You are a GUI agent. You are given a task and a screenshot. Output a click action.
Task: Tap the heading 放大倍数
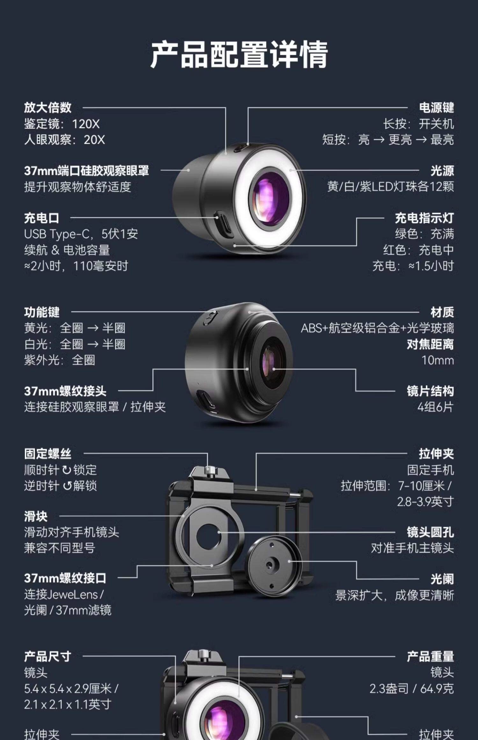pos(48,108)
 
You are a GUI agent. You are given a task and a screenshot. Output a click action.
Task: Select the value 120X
pos(86,124)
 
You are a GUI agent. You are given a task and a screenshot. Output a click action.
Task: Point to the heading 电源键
pos(436,108)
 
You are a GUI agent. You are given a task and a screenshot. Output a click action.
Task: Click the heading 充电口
pos(42,218)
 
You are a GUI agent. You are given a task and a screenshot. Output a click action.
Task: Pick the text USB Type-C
pos(57,234)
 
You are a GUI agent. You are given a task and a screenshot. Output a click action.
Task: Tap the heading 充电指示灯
pos(424,218)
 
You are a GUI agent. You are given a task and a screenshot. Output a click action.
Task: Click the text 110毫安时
pos(101,266)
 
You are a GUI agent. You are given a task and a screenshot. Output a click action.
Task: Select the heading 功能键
pos(42,312)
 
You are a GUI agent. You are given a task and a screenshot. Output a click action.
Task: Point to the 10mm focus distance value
pos(438,360)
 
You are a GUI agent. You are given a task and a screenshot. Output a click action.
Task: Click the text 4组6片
pos(435,407)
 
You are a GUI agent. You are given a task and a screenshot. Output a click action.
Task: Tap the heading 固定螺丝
pos(48,454)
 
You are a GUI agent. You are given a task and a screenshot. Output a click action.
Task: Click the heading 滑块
pos(36,516)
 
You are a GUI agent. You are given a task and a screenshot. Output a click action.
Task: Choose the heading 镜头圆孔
pos(430,532)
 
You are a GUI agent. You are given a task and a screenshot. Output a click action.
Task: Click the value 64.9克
pos(437,689)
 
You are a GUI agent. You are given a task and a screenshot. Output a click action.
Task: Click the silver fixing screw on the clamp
pos(210,470)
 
